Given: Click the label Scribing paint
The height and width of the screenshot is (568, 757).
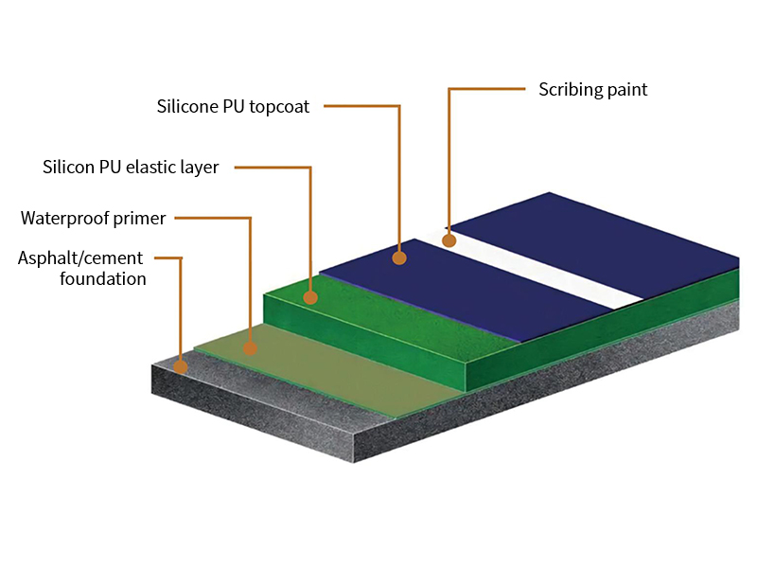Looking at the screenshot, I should (x=593, y=90).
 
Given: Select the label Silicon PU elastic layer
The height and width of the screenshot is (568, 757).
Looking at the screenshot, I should (x=131, y=168).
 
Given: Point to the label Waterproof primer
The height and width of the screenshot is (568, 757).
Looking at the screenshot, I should (x=94, y=219).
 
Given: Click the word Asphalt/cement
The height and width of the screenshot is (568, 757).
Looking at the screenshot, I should (x=80, y=258).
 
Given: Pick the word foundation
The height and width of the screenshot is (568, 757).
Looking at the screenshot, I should (x=102, y=278).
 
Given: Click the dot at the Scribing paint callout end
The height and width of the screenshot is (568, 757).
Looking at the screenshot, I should (x=449, y=240).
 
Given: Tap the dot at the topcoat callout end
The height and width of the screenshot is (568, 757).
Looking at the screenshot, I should (x=399, y=257).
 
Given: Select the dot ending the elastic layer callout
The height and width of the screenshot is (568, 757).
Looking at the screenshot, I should (x=309, y=297).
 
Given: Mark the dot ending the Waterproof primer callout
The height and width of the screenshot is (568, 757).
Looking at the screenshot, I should (x=250, y=347).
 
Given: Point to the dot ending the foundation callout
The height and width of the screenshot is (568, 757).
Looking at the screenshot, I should (x=181, y=365).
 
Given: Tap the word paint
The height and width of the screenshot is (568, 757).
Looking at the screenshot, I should (x=629, y=90).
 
